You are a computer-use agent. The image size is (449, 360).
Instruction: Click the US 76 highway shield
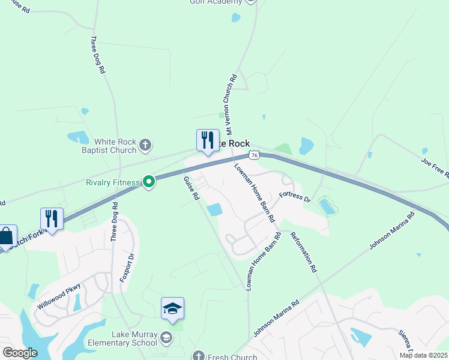tap(255, 155)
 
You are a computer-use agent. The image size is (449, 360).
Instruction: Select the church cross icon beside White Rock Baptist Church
tap(145, 145)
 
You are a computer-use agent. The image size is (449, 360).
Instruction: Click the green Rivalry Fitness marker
tap(148, 181)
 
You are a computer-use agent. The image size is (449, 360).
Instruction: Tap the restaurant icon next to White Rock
tap(208, 140)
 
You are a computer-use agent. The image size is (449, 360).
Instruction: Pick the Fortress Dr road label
tap(295, 197)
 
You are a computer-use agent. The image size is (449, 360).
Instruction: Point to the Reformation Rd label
tap(303, 252)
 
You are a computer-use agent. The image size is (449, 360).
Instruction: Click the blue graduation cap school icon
tap(172, 309)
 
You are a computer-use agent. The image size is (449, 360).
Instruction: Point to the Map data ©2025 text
tap(423, 355)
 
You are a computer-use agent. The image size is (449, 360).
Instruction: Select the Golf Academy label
tap(216, 2)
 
